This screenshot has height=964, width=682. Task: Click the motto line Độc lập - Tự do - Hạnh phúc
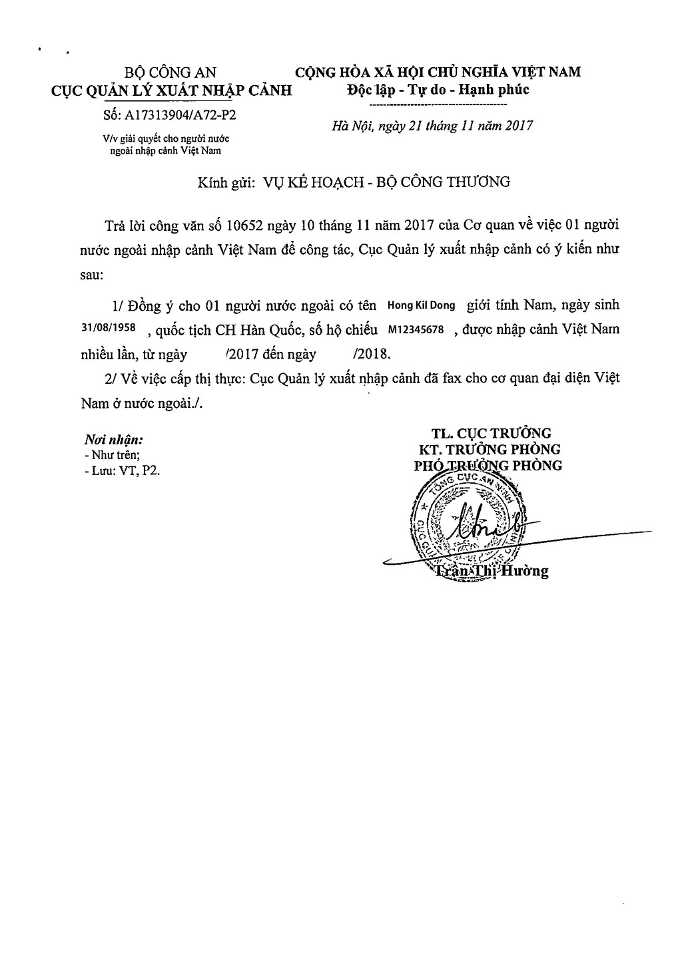click(x=438, y=90)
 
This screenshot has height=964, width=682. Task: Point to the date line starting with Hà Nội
click(x=432, y=126)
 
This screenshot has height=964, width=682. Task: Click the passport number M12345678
click(x=415, y=330)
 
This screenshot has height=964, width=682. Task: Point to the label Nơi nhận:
click(x=114, y=440)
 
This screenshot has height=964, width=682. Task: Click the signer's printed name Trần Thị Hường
click(x=491, y=571)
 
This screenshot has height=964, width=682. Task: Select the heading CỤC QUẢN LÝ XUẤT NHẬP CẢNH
click(x=172, y=91)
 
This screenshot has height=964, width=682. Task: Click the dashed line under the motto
click(x=438, y=105)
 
